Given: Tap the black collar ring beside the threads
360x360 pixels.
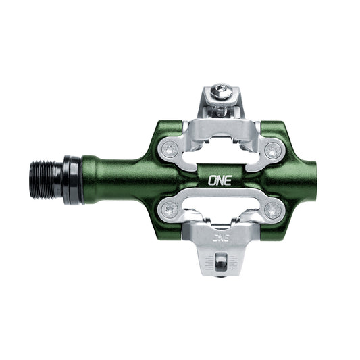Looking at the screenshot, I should click(72, 180).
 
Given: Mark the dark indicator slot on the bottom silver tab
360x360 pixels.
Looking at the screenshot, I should click(221, 261).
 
